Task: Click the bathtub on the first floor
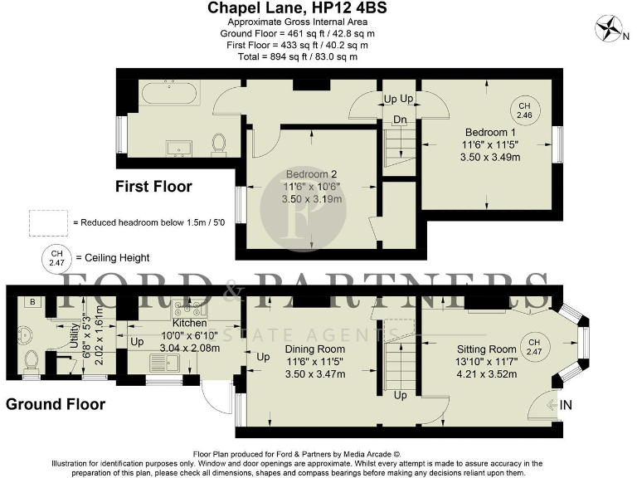tap(169, 93)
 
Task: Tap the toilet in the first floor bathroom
tap(220, 144)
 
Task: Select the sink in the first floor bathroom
tap(177, 149)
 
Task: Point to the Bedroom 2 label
tap(312, 173)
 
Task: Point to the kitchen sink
tap(158, 363)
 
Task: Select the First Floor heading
tap(153, 187)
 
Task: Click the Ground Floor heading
tap(56, 404)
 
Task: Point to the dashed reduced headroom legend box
tap(48, 222)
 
